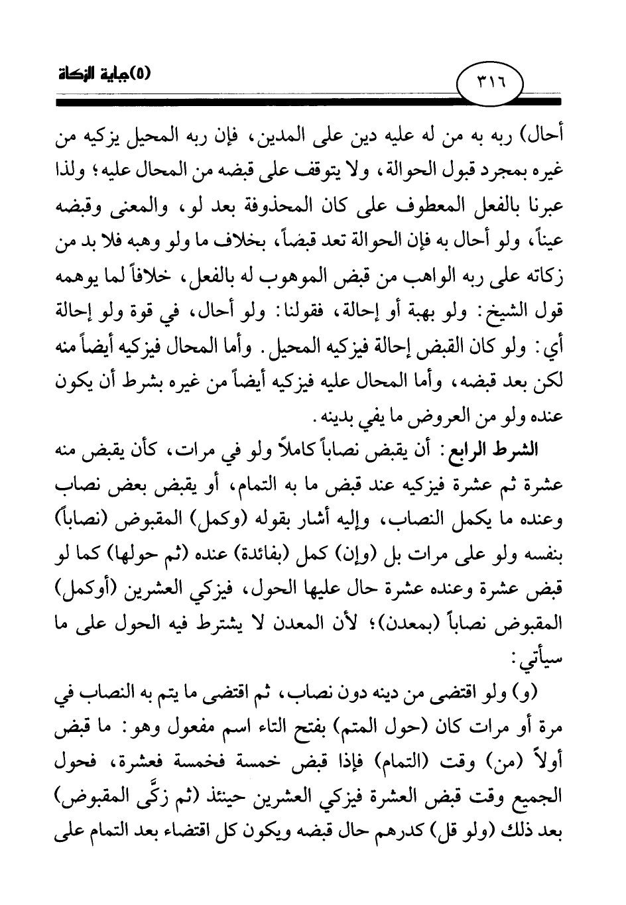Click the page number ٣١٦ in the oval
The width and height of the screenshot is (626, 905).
click(x=490, y=85)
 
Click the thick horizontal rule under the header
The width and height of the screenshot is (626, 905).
click(x=312, y=103)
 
